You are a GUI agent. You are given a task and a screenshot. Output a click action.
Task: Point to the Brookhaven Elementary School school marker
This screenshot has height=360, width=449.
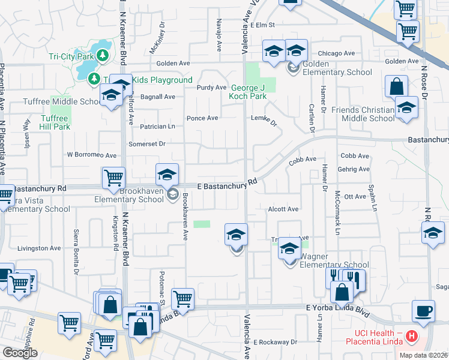[167, 175]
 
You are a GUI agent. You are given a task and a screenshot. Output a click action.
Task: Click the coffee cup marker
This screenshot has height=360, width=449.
[423, 311]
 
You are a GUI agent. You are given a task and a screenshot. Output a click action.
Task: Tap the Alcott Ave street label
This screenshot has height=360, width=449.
[283, 209]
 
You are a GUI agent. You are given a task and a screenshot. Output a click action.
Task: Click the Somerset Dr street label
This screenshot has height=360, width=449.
[146, 143]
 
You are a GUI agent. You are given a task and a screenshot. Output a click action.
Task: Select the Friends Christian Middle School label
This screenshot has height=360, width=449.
[361, 114]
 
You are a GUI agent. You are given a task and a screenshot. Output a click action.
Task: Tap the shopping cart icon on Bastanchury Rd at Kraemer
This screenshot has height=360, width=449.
[113, 178]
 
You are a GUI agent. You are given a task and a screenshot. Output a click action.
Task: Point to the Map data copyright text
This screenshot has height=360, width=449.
[423, 355]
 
